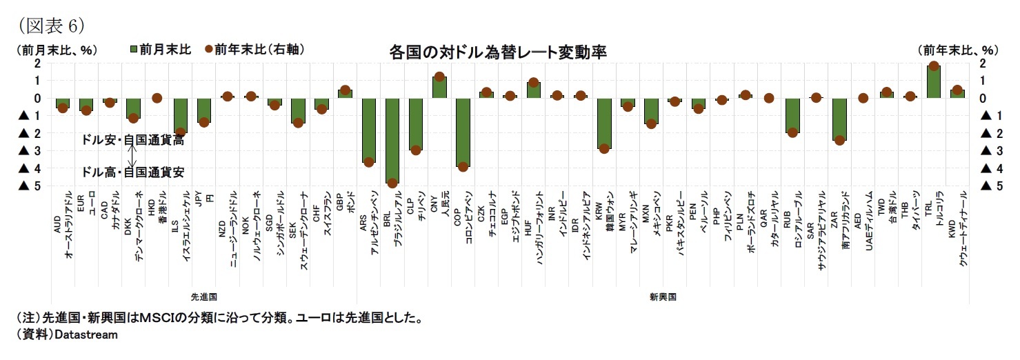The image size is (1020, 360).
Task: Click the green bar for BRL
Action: point(392,141)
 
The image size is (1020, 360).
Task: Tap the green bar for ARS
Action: point(368,130)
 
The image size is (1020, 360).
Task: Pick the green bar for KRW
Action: point(604,123)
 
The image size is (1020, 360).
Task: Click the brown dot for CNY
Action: point(439,77)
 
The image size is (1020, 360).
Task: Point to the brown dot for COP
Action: point(463,167)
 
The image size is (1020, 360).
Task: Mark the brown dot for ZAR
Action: point(839,141)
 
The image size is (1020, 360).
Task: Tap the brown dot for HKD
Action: point(157,98)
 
